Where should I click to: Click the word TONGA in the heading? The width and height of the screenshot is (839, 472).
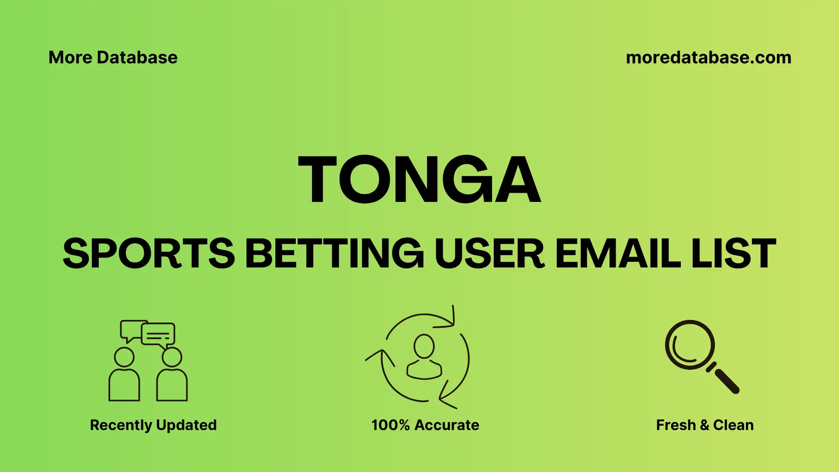point(419,180)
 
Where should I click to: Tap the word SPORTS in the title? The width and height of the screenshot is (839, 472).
point(149,253)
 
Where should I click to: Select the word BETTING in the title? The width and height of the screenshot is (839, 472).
point(334,253)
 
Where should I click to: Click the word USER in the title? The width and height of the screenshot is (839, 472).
point(489,253)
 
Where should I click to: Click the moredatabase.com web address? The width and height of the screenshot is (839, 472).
point(708,58)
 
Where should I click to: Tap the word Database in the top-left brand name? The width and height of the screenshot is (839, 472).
point(137,58)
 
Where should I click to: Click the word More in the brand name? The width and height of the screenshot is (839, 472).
point(70,58)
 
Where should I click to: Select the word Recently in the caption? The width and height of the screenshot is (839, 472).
point(121,425)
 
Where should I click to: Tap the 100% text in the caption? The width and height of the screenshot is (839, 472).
point(390,425)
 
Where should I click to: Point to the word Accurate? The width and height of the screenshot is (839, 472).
point(447,425)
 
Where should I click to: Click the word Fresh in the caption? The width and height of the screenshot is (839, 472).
point(676,425)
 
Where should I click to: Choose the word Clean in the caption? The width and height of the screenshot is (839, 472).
point(733,425)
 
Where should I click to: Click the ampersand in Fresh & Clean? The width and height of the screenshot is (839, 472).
point(704,425)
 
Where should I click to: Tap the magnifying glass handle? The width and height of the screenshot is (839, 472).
point(726,381)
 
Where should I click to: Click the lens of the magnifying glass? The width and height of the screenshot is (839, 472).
point(690,345)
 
